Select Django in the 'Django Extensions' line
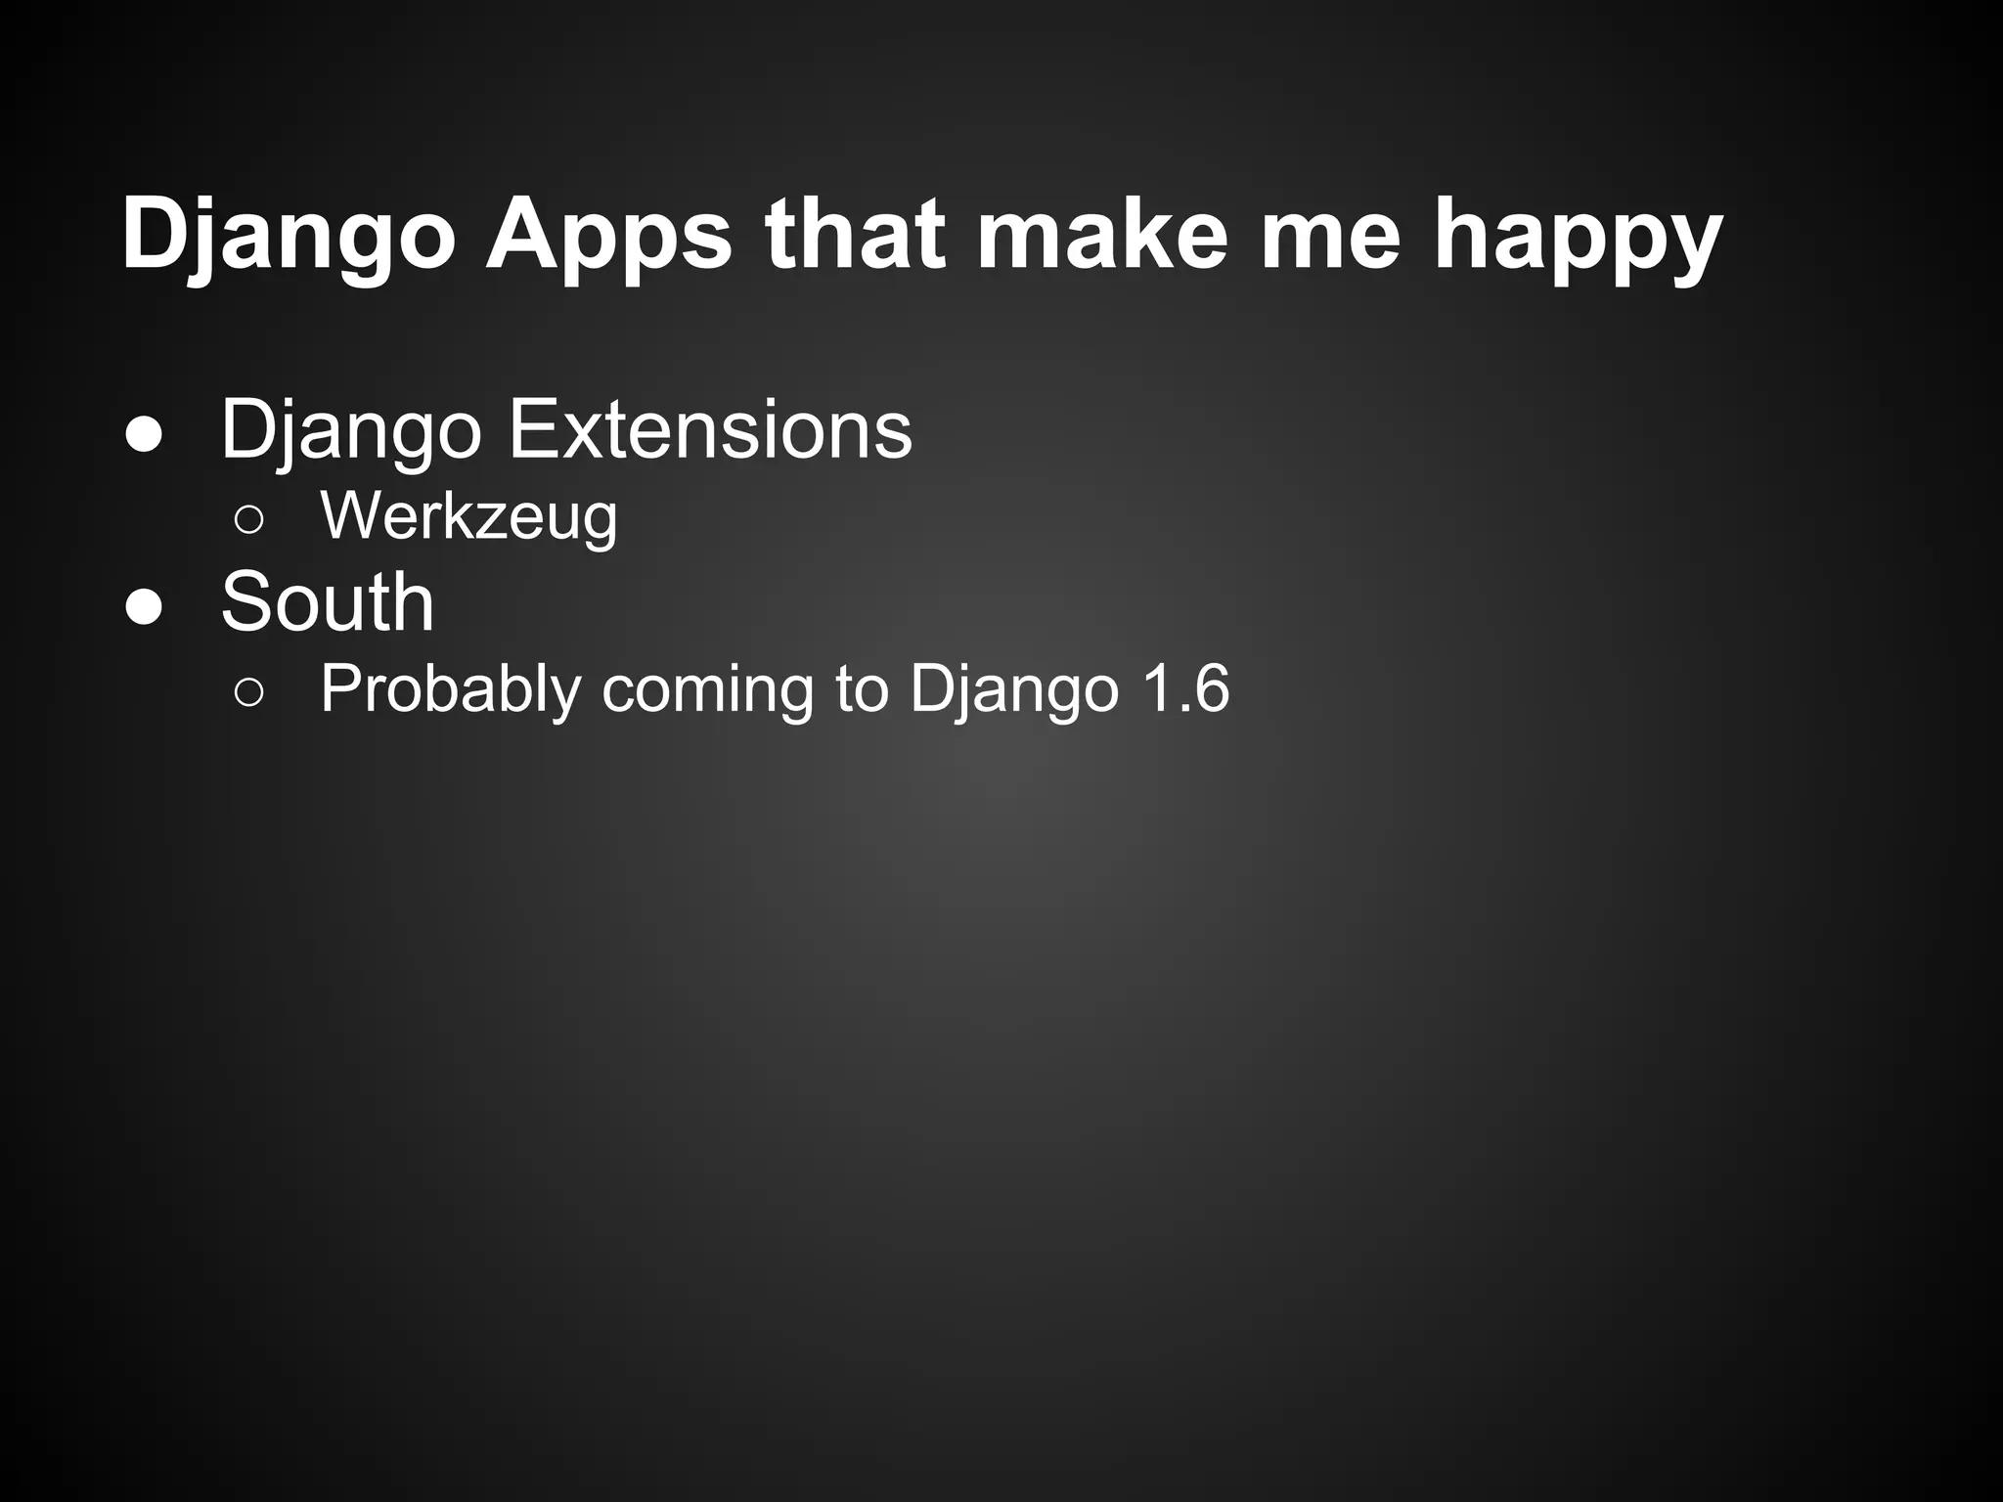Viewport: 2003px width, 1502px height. coord(351,430)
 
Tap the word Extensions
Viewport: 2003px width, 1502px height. coord(711,430)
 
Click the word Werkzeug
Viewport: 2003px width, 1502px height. coord(468,515)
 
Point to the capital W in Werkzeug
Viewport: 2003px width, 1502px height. coord(346,515)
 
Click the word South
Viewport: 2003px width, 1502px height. coord(328,602)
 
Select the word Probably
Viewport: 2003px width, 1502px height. coord(451,689)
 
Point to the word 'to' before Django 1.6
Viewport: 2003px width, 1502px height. coord(862,689)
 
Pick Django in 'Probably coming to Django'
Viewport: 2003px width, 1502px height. coord(1013,689)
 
